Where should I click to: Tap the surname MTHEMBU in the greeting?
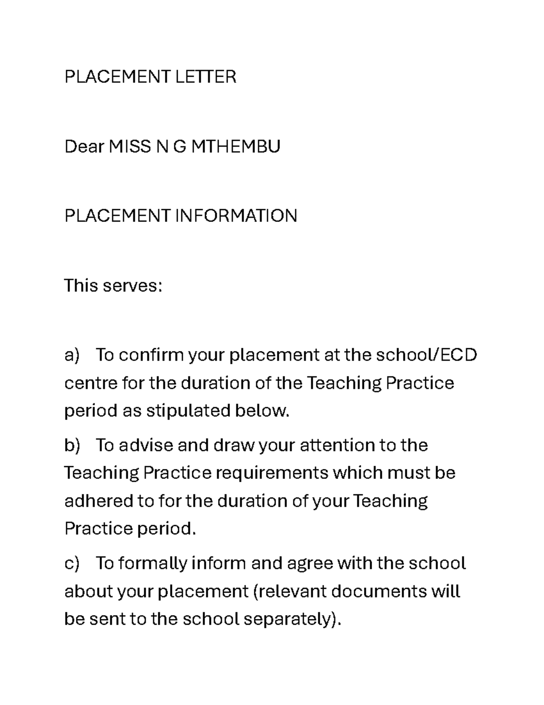pyautogui.click(x=236, y=147)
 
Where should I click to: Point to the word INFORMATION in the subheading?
pyautogui.click(x=236, y=216)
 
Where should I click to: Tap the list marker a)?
pyautogui.click(x=72, y=355)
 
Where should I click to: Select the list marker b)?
pyautogui.click(x=72, y=445)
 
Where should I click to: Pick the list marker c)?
pyautogui.click(x=72, y=563)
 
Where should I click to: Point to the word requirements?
pyautogui.click(x=272, y=473)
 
